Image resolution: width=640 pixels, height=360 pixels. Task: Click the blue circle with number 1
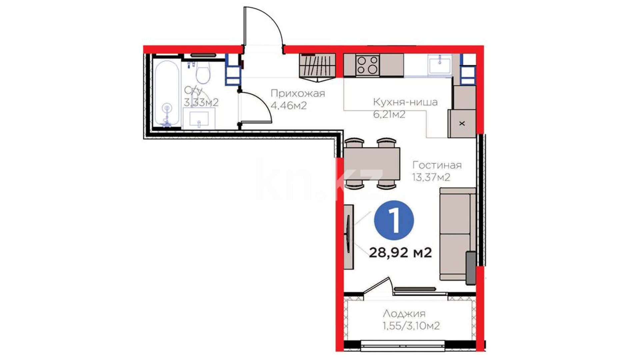pyautogui.click(x=394, y=220)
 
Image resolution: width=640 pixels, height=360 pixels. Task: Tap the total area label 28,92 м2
pyautogui.click(x=400, y=253)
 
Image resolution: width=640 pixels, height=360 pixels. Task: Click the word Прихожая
pyautogui.click(x=298, y=93)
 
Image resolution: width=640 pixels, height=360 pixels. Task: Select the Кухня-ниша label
pyautogui.click(x=405, y=102)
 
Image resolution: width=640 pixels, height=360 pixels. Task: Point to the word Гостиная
pyautogui.click(x=437, y=165)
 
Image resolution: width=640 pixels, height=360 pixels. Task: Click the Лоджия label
pyautogui.click(x=404, y=314)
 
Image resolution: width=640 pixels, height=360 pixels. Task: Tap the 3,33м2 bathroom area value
pyautogui.click(x=201, y=102)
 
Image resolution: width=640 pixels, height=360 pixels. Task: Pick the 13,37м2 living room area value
pyautogui.click(x=431, y=177)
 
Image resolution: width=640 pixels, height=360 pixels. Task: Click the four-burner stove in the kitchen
pyautogui.click(x=367, y=65)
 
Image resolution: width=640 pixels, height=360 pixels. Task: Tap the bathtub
pyautogui.click(x=167, y=94)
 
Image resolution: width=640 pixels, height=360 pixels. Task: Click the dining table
pyautogui.click(x=372, y=164)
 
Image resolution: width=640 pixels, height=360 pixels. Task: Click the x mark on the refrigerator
pyautogui.click(x=462, y=123)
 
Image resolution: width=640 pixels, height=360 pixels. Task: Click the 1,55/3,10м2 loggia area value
pyautogui.click(x=411, y=326)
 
